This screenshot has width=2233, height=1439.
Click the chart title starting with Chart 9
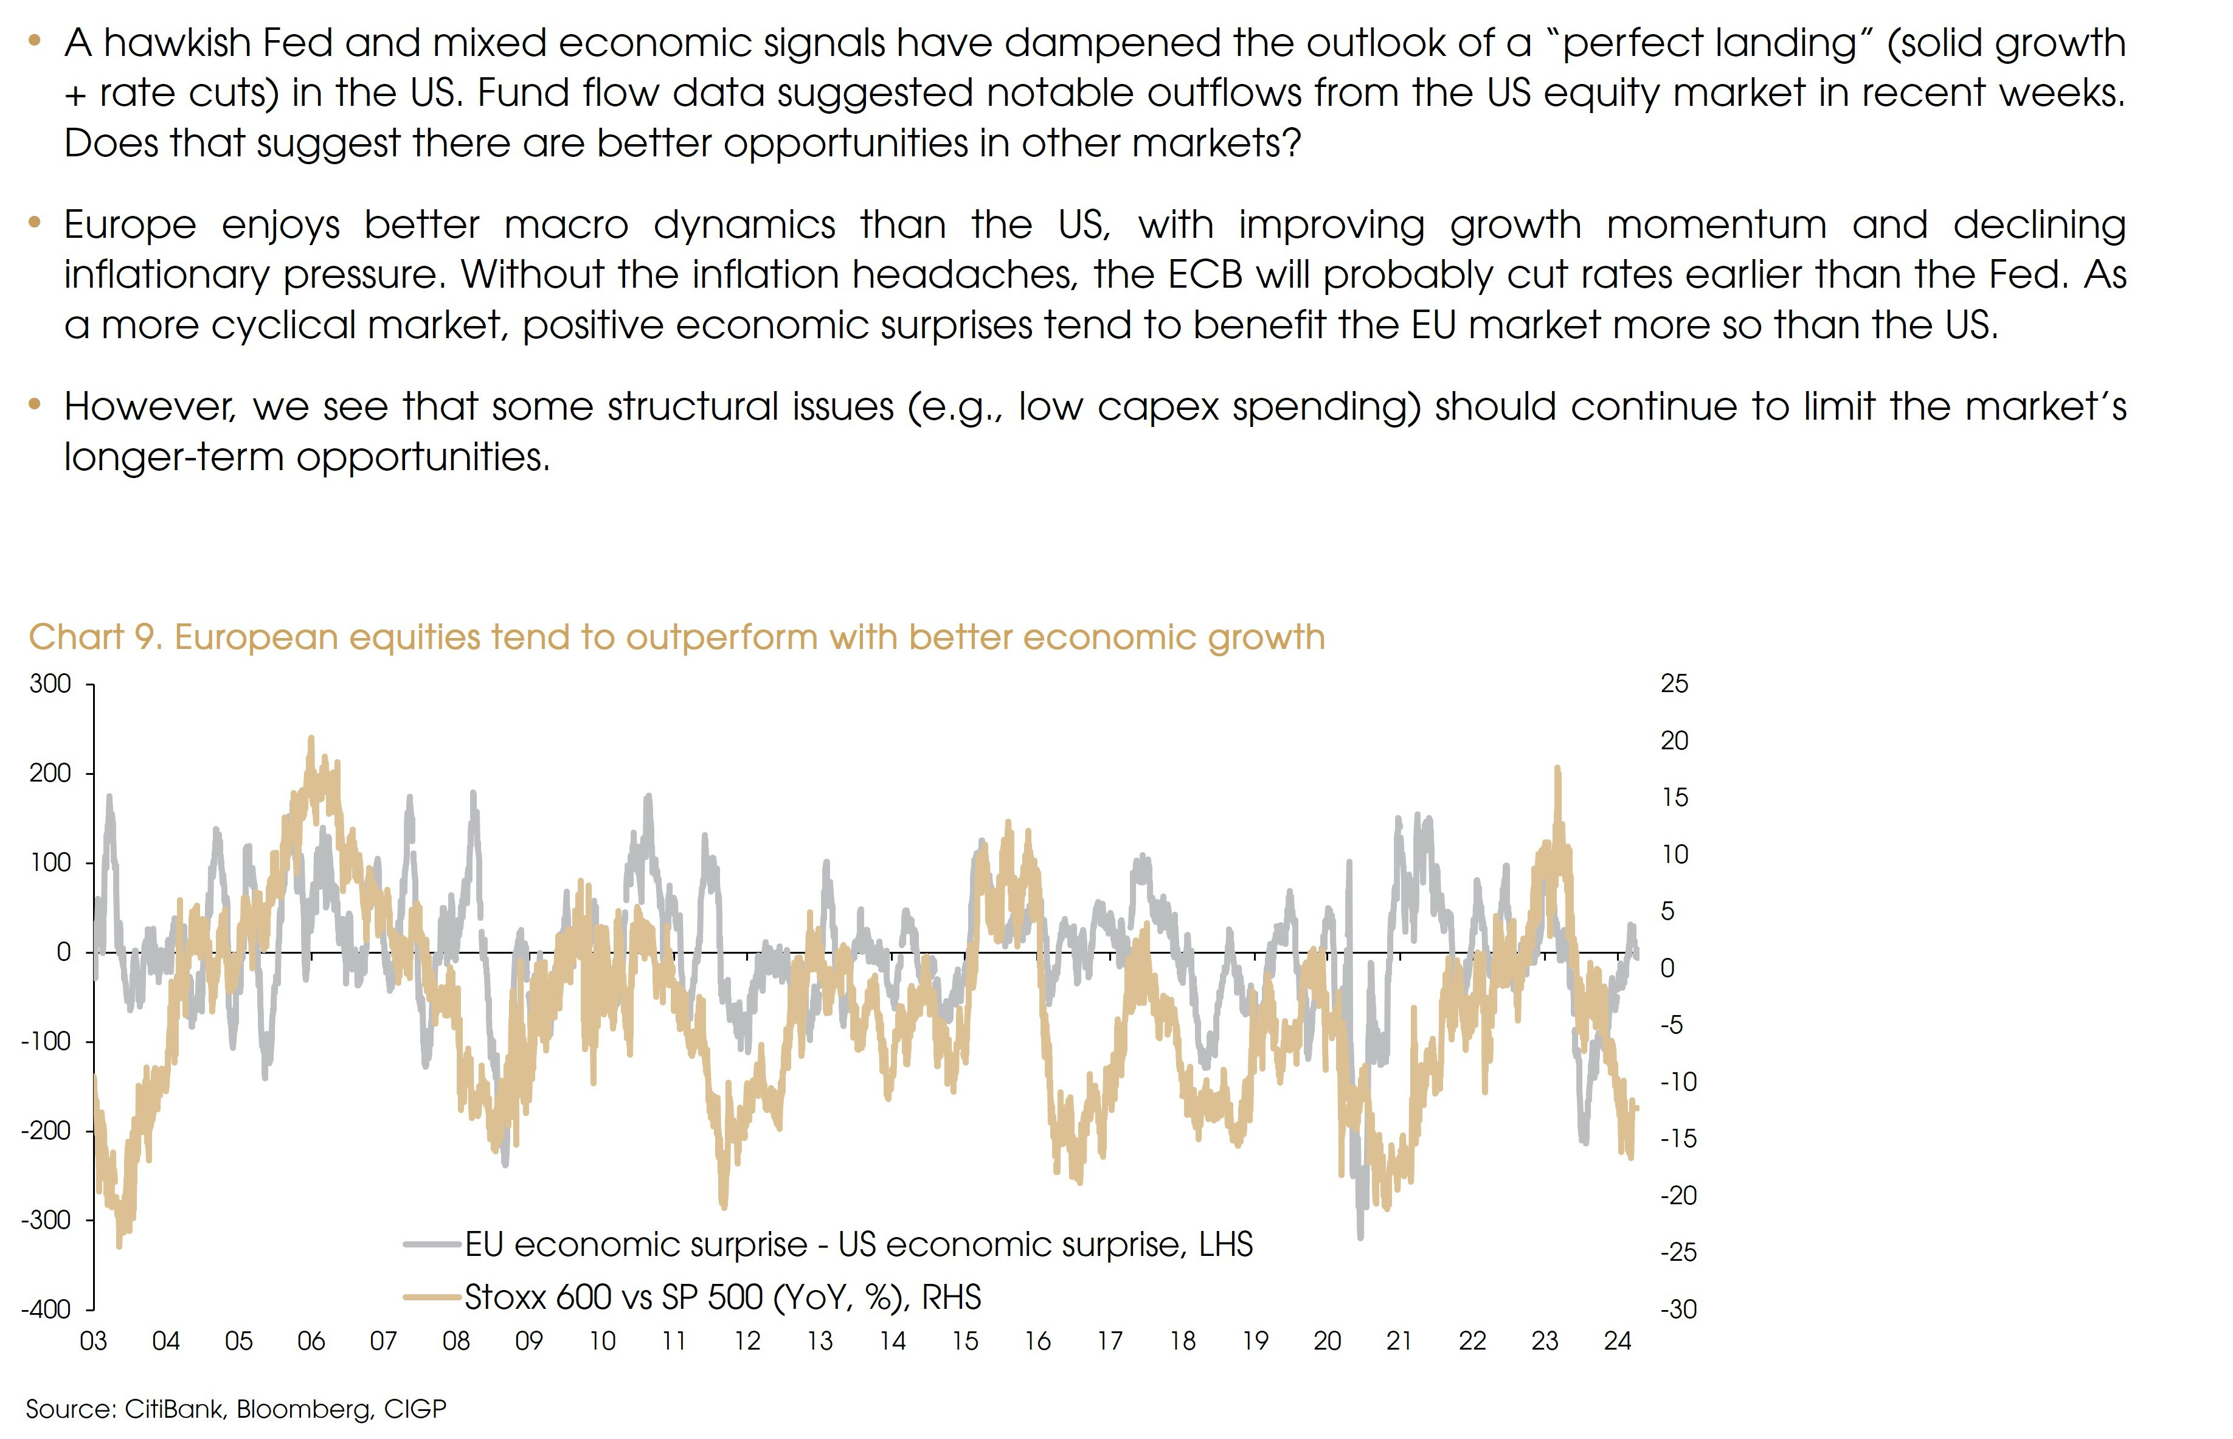pyautogui.click(x=676, y=637)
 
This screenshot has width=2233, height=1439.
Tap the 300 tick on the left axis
pyautogui.click(x=50, y=684)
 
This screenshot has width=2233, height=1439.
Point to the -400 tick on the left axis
pyautogui.click(x=47, y=1309)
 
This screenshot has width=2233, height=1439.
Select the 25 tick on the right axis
pyautogui.click(x=1674, y=684)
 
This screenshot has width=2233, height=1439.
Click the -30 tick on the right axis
pyautogui.click(x=1678, y=1309)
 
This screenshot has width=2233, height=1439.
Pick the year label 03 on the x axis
pyautogui.click(x=94, y=1342)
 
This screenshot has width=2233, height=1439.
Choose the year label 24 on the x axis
pyautogui.click(x=1618, y=1342)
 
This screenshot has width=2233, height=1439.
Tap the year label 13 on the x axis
pyautogui.click(x=819, y=1342)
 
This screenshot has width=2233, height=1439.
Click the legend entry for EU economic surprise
pyautogui.click(x=857, y=1244)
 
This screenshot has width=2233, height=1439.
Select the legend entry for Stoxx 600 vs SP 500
pyautogui.click(x=722, y=1297)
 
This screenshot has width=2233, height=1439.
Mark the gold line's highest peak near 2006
pyautogui.click(x=311, y=738)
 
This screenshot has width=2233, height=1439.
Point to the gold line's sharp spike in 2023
pyautogui.click(x=1557, y=768)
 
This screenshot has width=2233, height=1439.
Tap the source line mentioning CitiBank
pyautogui.click(x=237, y=1408)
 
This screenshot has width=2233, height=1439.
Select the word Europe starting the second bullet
pyautogui.click(x=130, y=225)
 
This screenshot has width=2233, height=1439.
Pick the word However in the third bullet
pyautogui.click(x=148, y=406)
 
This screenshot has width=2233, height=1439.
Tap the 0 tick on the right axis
pyautogui.click(x=1667, y=968)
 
